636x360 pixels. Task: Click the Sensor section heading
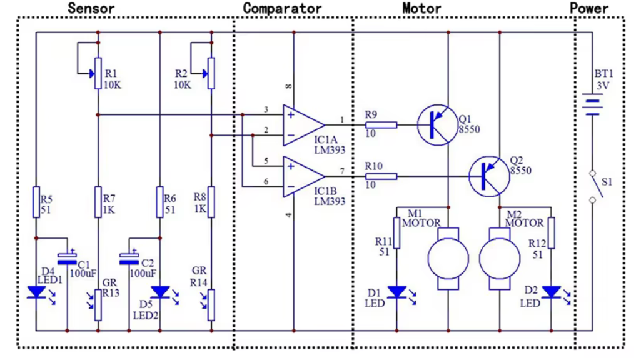pyautogui.click(x=91, y=8)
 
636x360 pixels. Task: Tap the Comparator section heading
pyautogui.click(x=282, y=8)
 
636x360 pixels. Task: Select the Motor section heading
pyautogui.click(x=421, y=8)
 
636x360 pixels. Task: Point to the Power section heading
pyautogui.click(x=589, y=8)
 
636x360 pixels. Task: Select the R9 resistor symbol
pyautogui.click(x=380, y=124)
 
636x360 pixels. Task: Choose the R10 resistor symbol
pyautogui.click(x=380, y=176)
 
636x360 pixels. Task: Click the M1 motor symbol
pyautogui.click(x=448, y=257)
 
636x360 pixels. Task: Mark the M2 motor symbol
pyautogui.click(x=500, y=257)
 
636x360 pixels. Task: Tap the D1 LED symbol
pyautogui.click(x=397, y=292)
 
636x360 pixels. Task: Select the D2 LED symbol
pyautogui.click(x=552, y=292)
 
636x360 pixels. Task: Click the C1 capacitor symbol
pyautogui.click(x=67, y=257)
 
